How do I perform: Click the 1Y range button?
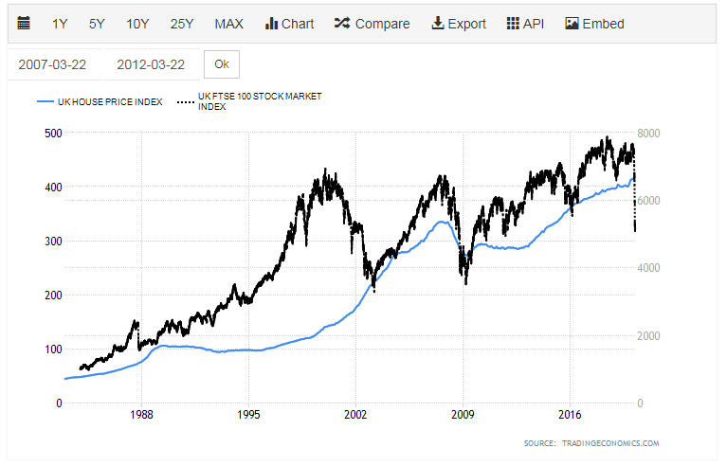tap(60, 24)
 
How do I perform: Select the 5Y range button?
tap(98, 24)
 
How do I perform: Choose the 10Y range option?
tap(137, 24)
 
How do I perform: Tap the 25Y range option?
tap(182, 24)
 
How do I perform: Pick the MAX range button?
tap(228, 24)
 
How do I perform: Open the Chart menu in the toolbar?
tap(289, 24)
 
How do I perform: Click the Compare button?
tap(372, 24)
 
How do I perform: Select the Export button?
tap(459, 24)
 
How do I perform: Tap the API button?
tap(526, 24)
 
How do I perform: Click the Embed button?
tap(594, 24)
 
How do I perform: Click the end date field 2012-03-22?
tap(153, 64)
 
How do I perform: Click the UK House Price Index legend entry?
tap(100, 101)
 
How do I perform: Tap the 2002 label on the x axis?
tap(355, 414)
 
